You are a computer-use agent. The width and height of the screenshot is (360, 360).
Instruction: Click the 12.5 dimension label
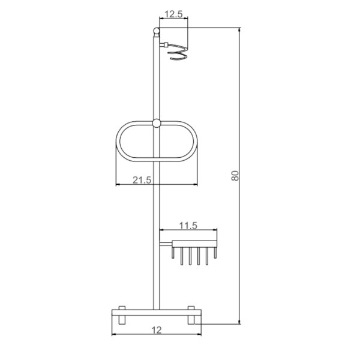(x=174, y=14)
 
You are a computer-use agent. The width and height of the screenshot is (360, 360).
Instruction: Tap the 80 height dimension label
(x=235, y=176)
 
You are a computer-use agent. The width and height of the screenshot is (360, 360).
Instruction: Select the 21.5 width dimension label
(x=142, y=180)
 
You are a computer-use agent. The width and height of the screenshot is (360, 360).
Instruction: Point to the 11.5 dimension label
(x=188, y=226)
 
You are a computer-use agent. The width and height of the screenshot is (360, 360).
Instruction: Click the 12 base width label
(x=157, y=330)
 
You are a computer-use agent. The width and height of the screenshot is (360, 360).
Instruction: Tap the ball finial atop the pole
(x=157, y=31)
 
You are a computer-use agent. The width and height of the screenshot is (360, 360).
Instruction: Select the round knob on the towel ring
(x=157, y=123)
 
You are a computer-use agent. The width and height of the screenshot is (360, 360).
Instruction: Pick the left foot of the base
(x=122, y=315)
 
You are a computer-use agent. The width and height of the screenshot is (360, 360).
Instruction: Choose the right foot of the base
(x=191, y=315)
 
